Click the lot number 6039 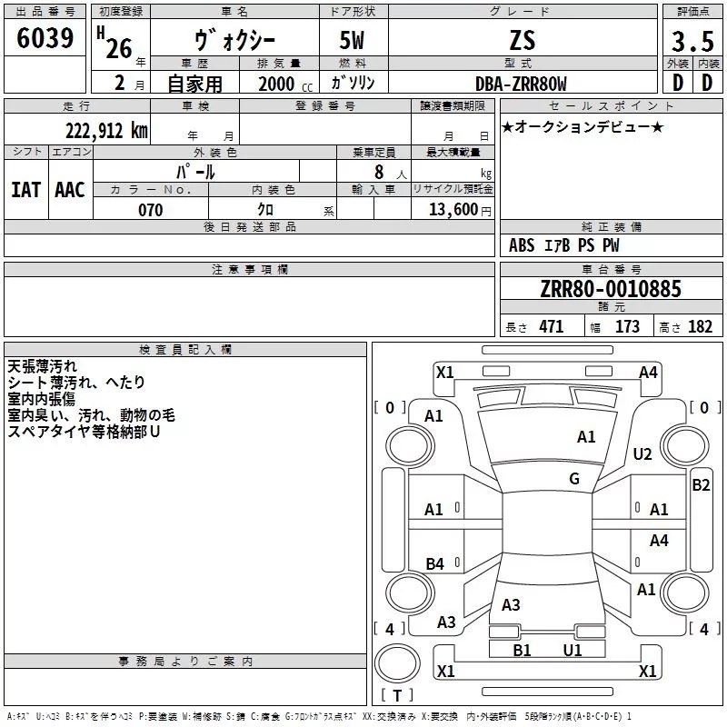(45, 38)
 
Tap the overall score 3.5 (692, 41)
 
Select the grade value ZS (523, 41)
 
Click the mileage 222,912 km (106, 131)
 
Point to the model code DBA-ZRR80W (521, 84)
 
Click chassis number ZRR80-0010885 (611, 288)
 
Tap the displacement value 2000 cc (285, 84)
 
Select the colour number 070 (151, 210)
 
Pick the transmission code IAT (26, 190)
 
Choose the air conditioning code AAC (70, 190)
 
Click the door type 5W (352, 41)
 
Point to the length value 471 (552, 326)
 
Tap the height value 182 (700, 326)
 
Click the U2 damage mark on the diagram (642, 454)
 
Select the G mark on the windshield (574, 479)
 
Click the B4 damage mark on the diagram (434, 563)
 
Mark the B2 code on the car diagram (701, 485)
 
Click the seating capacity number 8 (379, 172)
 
